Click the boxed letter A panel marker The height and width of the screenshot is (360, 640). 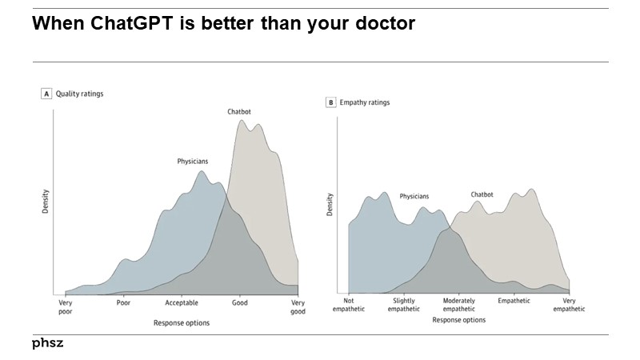[x=46, y=94]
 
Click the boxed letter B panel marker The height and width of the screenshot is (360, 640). [x=330, y=102]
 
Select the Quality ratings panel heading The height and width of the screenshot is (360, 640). [x=79, y=94]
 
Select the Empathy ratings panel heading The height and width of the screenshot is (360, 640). [x=364, y=102]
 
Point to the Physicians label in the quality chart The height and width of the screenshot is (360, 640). [x=194, y=161]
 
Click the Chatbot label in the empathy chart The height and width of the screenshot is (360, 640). [x=482, y=194]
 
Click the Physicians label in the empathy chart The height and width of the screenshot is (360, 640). [x=414, y=196]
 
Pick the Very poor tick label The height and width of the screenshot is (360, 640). [x=66, y=307]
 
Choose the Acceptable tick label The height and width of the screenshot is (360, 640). [x=182, y=303]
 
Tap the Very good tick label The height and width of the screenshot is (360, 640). [x=298, y=307]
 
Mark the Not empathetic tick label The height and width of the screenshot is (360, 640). [x=349, y=304]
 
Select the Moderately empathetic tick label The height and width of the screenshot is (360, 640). [x=458, y=304]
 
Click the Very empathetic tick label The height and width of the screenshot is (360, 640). [x=569, y=304]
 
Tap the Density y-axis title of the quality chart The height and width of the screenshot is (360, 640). [x=46, y=201]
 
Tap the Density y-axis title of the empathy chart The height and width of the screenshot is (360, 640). [x=330, y=205]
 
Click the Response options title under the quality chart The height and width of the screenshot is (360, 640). [x=182, y=323]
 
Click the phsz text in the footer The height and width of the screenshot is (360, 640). [x=47, y=343]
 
